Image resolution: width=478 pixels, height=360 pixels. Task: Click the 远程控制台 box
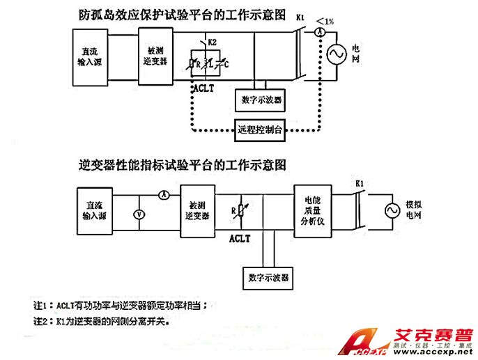click(x=261, y=129)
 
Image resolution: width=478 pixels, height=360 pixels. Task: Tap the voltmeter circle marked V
click(x=139, y=214)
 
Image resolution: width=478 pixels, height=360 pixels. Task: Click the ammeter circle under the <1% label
click(x=319, y=33)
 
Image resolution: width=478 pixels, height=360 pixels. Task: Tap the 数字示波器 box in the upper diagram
click(x=261, y=100)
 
